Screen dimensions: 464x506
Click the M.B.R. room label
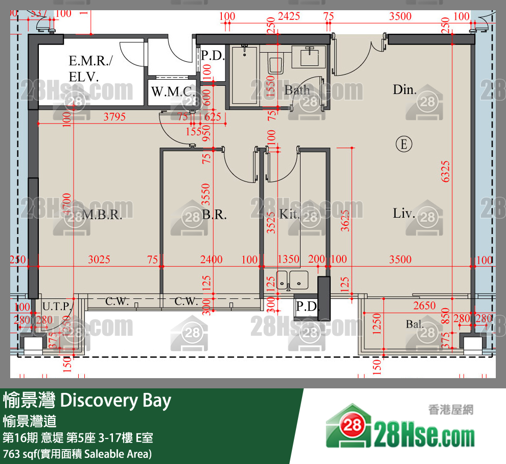click(102, 215)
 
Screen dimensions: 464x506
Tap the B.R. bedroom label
click(214, 215)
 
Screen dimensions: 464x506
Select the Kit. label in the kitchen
click(289, 215)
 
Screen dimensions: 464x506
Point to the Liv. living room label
click(404, 213)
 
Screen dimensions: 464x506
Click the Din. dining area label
click(404, 90)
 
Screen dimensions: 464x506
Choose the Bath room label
click(297, 90)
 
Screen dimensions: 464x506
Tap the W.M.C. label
click(172, 92)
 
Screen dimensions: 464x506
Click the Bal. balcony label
click(415, 324)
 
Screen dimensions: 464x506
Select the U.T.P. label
click(57, 307)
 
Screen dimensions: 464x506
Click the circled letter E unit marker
click(404, 144)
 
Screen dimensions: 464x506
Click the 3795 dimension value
click(114, 117)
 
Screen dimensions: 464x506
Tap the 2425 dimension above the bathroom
click(288, 17)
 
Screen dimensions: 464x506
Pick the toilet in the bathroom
click(276, 62)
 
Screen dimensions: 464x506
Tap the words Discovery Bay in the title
click(116, 401)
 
